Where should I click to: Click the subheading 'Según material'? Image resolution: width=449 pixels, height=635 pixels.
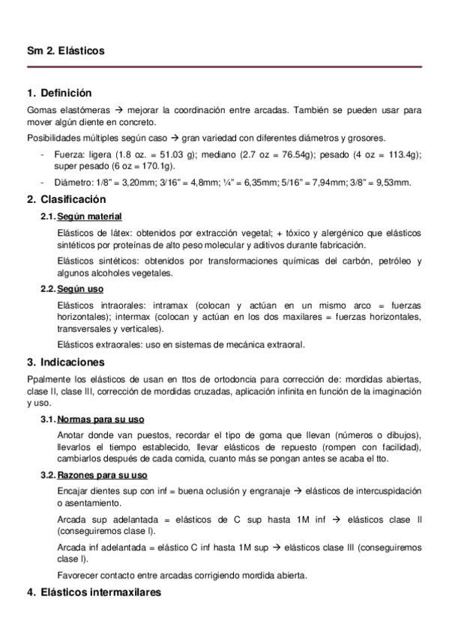(86, 216)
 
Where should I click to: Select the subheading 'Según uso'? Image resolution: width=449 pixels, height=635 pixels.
(80, 289)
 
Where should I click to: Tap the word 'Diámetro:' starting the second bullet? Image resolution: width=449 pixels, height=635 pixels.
(71, 183)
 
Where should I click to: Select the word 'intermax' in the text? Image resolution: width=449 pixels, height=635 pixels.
(158, 317)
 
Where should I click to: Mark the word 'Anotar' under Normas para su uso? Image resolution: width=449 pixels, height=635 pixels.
(70, 436)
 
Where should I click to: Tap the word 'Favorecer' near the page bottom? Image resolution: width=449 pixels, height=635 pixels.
(76, 575)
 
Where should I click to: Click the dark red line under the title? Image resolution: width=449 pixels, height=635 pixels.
(224, 68)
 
